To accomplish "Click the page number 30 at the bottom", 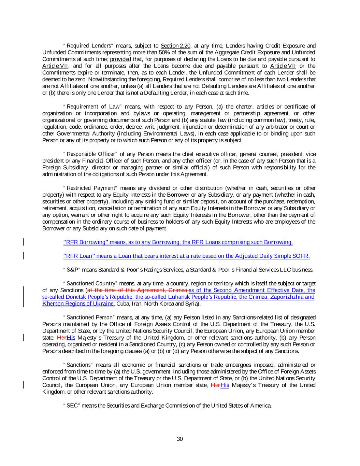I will click(180, 439).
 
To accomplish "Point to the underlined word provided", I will click(120, 59).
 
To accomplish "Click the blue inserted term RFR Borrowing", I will click(85, 242).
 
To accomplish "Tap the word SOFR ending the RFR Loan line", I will click(301, 256).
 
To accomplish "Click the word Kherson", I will click(52, 304).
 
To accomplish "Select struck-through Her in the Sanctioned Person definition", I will click(62, 338).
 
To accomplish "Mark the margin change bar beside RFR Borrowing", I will click(23, 242).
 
